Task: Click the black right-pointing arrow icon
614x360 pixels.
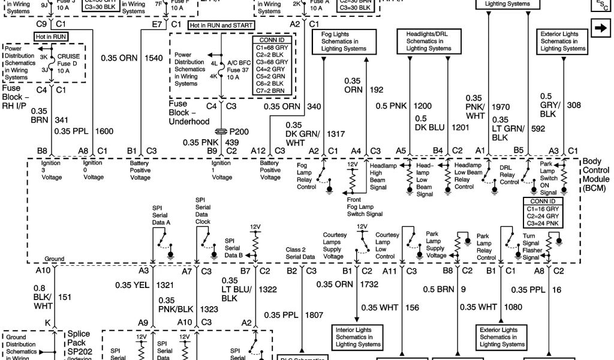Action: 599,28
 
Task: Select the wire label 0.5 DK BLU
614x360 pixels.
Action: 429,123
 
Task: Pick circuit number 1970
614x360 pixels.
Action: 501,107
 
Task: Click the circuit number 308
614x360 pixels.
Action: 574,105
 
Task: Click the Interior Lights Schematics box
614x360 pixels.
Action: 358,337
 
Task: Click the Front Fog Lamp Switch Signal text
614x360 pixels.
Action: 365,206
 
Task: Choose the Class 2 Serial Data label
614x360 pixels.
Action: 300,253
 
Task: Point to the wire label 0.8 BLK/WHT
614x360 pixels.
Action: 43,296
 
